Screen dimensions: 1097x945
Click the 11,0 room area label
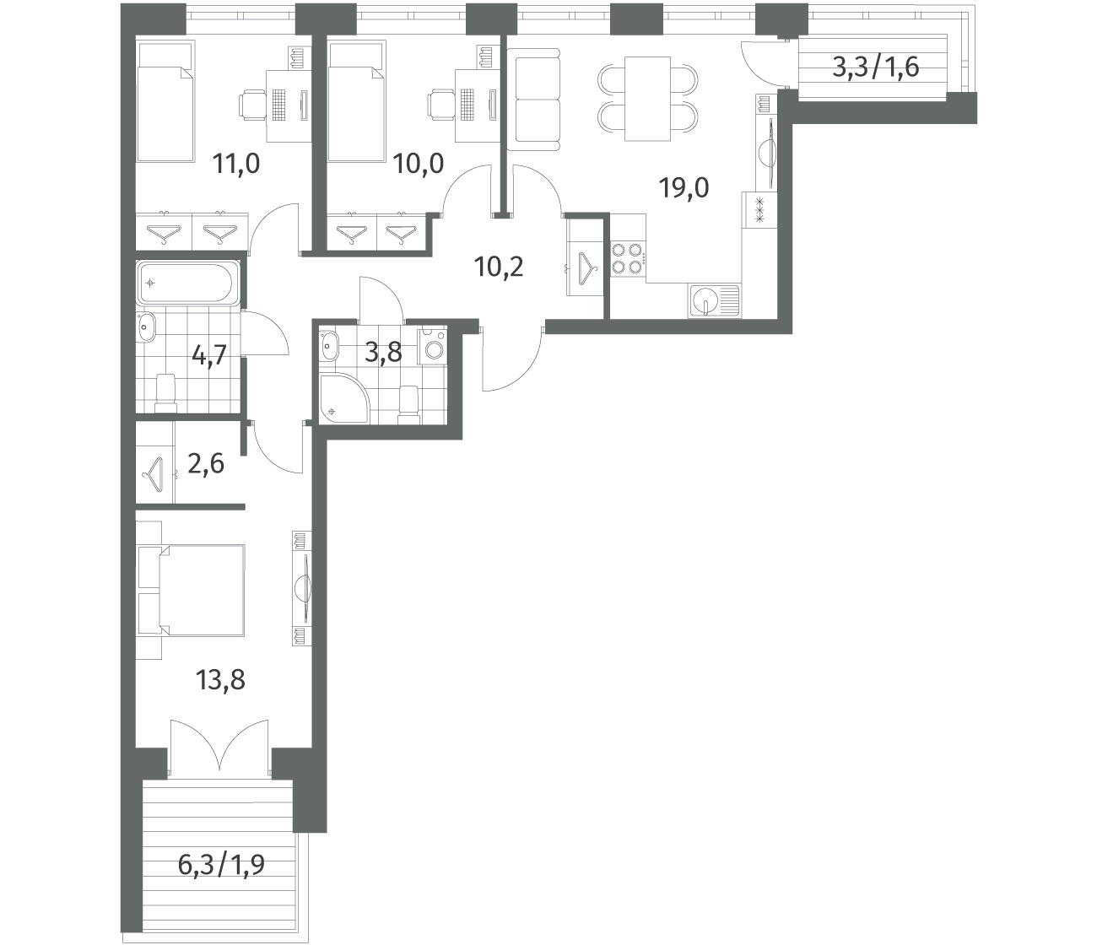pyautogui.click(x=236, y=164)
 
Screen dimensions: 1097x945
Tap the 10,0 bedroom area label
pyautogui.click(x=419, y=164)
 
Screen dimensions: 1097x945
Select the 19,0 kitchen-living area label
pyautogui.click(x=684, y=187)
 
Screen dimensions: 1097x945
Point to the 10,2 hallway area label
pyautogui.click(x=499, y=267)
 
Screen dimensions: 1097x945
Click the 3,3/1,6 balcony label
pyautogui.click(x=876, y=67)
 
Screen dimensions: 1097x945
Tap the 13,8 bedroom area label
pyautogui.click(x=220, y=680)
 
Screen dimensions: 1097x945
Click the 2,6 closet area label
pyautogui.click(x=206, y=464)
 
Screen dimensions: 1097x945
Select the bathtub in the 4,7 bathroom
pyautogui.click(x=186, y=283)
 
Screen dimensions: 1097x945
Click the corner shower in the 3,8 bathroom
pyautogui.click(x=343, y=397)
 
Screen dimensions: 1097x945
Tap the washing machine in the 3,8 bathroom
pyautogui.click(x=432, y=347)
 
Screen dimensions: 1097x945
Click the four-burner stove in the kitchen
pyautogui.click(x=627, y=258)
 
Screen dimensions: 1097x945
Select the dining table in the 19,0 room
pyautogui.click(x=647, y=100)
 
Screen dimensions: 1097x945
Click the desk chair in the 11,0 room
pyautogui.click(x=252, y=104)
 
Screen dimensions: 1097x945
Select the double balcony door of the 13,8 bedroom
pyautogui.click(x=219, y=748)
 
